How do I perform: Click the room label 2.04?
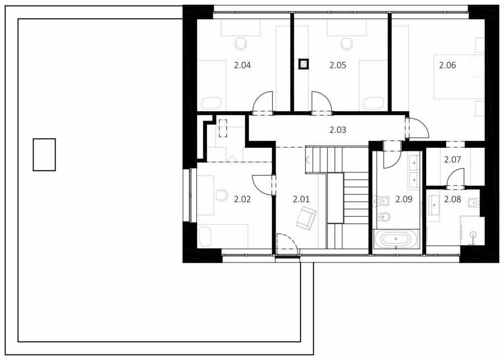point(242,65)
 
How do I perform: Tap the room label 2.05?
point(338,65)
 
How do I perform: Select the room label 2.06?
point(447,65)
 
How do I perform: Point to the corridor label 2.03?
point(338,130)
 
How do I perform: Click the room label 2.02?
point(242,199)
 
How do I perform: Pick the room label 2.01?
point(301,199)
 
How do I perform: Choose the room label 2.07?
point(453,159)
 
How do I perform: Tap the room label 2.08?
point(453,199)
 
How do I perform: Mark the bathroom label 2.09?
point(404,199)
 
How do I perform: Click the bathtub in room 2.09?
point(395,239)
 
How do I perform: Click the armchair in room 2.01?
point(306,218)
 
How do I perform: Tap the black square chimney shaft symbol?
point(303,65)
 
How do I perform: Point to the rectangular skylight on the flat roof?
point(44,155)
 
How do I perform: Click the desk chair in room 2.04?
point(240,44)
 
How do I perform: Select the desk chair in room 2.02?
point(222,196)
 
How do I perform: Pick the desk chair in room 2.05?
point(346,44)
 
